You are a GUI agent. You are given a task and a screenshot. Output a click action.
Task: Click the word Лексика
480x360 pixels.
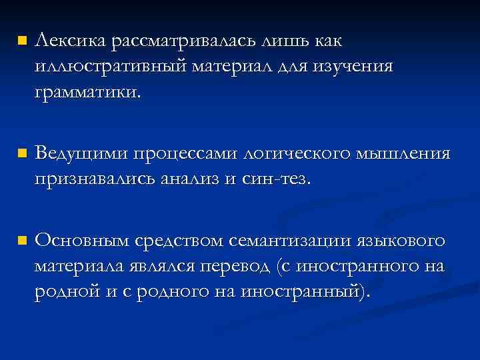click(71, 43)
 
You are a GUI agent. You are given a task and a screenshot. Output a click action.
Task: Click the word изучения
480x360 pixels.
click(359, 67)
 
